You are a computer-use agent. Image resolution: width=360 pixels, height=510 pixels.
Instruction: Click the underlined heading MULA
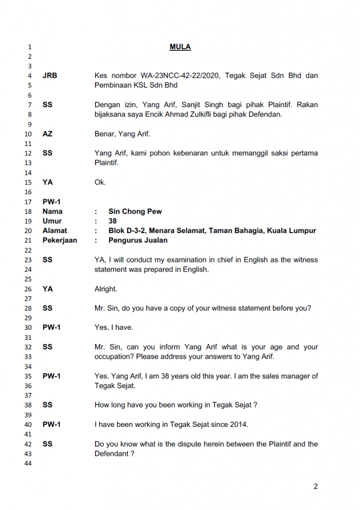pos(180,47)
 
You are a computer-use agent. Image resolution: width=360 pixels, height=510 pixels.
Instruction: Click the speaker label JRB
pos(50,76)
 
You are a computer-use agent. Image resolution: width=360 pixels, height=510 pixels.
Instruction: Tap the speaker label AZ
pos(47,134)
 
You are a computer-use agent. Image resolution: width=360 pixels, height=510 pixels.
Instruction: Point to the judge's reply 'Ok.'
pos(100,182)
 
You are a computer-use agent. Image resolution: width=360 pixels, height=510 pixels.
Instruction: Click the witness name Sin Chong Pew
pos(135,212)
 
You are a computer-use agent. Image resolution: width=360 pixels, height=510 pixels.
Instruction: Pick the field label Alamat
pos(55,231)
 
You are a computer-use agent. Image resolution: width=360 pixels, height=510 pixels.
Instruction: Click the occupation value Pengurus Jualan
pos(138,241)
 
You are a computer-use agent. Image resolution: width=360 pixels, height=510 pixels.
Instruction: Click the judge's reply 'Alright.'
pos(106,289)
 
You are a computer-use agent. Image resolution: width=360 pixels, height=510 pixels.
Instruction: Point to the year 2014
pos(238,425)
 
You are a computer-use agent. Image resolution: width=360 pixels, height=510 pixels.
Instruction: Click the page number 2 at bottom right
pos(315,487)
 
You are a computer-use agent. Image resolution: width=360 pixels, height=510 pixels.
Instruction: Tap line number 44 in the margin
pos(28,464)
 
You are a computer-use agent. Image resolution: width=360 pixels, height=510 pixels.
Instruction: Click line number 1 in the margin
pos(30,47)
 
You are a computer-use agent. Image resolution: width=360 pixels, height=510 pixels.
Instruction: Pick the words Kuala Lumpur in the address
pos(293,231)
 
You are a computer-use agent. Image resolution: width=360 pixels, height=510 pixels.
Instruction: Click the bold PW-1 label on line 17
pos(51,202)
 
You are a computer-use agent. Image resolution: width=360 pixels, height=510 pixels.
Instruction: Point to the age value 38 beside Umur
pos(113,221)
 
